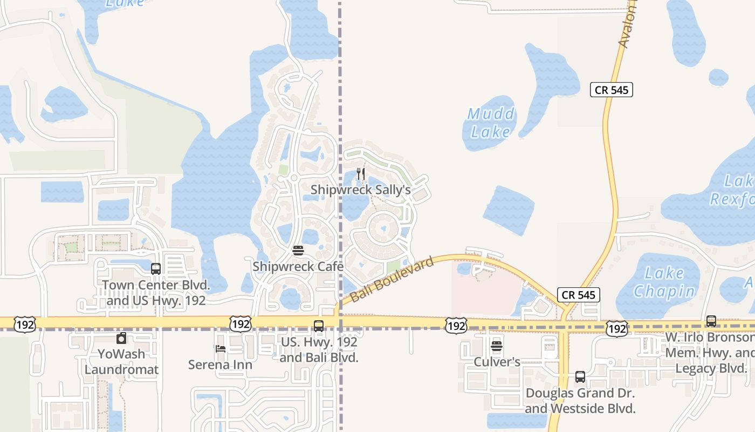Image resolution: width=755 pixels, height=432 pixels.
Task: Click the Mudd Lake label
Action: coord(491,123)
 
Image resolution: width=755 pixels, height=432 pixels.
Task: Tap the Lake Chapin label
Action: coord(664,282)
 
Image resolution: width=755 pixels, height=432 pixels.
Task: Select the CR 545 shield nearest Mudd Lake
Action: coord(612,90)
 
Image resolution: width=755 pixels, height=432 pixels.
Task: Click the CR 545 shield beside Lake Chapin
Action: coord(579,294)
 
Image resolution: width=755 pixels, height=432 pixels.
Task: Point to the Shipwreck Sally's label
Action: coord(361,190)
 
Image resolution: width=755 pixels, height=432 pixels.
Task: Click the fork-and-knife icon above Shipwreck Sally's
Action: coord(361,174)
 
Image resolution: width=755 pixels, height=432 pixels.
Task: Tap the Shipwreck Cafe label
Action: coord(298,266)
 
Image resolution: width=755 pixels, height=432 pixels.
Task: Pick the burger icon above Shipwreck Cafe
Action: coord(298,251)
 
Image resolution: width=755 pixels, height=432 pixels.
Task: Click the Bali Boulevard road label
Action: coord(392,280)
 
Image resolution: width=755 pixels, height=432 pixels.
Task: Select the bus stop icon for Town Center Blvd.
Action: coord(156,268)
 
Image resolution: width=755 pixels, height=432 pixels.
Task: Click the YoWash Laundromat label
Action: coord(121,362)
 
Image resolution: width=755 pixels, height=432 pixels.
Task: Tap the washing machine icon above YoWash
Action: coord(121,339)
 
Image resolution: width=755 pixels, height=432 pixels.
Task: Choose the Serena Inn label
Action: coord(220,365)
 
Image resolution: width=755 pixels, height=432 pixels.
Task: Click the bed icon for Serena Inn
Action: coord(220,349)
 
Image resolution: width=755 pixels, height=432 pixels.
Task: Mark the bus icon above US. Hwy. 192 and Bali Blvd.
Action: coord(319,326)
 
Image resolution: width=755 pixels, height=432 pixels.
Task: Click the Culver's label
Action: coord(497,362)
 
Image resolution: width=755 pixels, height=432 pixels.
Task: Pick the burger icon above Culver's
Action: coord(497,346)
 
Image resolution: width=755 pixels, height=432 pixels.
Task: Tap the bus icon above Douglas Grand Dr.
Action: coord(580,377)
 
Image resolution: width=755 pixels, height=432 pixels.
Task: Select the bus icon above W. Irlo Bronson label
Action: coord(711,321)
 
